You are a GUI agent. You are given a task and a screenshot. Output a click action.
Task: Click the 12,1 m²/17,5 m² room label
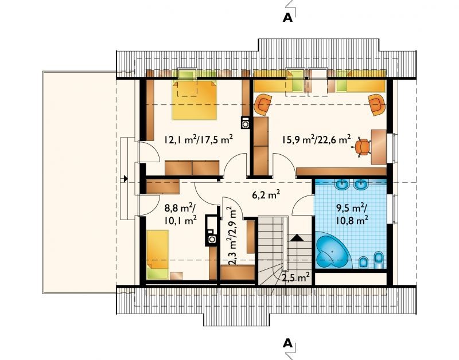click(198, 139)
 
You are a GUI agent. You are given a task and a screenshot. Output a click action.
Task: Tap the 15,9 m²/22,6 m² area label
click(316, 139)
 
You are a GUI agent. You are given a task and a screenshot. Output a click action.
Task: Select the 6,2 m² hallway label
click(266, 194)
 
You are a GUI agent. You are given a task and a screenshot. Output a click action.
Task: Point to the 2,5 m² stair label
click(295, 277)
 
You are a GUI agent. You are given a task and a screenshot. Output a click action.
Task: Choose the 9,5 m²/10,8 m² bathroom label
click(352, 214)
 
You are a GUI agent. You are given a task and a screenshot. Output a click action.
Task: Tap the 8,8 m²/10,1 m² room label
click(180, 214)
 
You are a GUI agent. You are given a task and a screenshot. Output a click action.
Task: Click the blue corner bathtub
click(333, 251)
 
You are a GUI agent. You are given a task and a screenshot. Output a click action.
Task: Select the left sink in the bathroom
click(341, 184)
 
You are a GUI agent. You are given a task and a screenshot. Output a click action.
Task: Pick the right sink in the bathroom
click(361, 184)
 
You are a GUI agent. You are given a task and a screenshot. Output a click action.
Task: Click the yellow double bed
click(195, 100)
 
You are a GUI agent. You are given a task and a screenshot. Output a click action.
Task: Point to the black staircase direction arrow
click(297, 237)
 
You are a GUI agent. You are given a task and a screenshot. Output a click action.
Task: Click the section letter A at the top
click(288, 18)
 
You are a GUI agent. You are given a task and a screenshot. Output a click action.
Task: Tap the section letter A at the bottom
click(288, 343)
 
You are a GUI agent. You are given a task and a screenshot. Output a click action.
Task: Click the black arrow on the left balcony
click(125, 178)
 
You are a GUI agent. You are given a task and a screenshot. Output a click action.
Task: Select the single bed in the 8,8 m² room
click(157, 254)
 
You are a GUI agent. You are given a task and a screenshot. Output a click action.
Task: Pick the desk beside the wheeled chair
click(379, 147)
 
